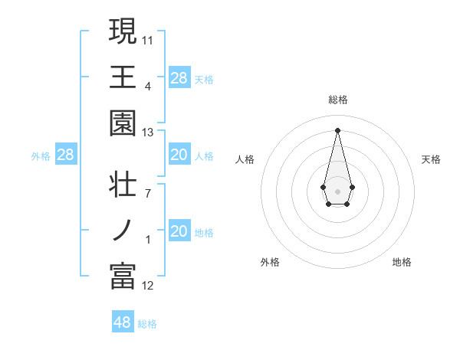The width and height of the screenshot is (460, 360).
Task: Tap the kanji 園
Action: click(x=123, y=123)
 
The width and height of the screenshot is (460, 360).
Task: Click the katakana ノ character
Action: click(x=123, y=231)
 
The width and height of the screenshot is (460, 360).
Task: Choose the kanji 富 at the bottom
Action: click(x=123, y=277)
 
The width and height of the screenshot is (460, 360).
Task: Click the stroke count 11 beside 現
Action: click(x=148, y=40)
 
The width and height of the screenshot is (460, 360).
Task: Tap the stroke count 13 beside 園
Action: click(x=148, y=133)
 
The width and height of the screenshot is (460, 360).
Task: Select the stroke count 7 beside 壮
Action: click(x=148, y=194)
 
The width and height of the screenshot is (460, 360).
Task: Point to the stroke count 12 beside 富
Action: click(x=148, y=286)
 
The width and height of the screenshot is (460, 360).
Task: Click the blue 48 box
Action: click(x=123, y=322)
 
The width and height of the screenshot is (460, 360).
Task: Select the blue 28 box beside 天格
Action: click(x=179, y=78)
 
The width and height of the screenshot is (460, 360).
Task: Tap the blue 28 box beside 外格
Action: click(x=66, y=155)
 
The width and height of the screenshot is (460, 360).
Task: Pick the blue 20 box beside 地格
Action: click(x=179, y=232)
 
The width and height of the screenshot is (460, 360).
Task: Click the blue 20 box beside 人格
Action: click(x=179, y=155)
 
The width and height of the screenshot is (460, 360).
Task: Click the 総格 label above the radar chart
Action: click(x=338, y=100)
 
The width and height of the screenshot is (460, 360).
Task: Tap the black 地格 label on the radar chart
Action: click(x=402, y=262)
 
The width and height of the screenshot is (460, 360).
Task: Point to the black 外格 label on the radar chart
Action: click(x=270, y=262)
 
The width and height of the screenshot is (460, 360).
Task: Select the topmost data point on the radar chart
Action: click(x=337, y=129)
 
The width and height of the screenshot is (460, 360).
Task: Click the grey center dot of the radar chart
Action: click(x=337, y=190)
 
